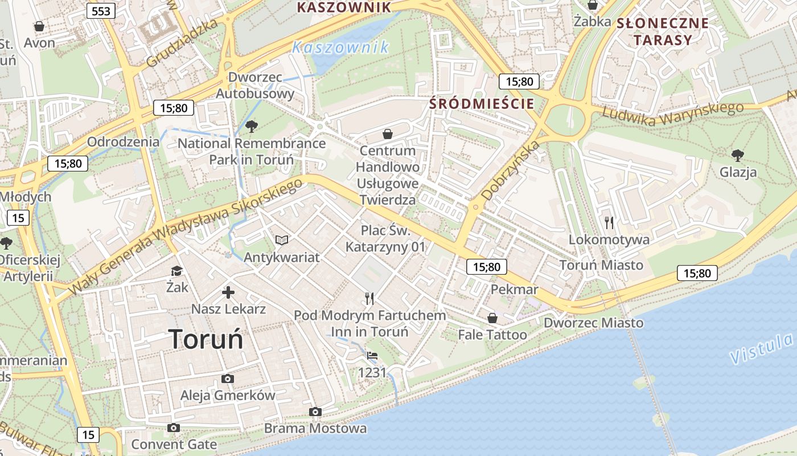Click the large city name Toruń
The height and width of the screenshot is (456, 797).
tap(206, 339)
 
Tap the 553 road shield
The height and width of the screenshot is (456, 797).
tap(101, 10)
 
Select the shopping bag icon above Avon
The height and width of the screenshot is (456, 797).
tap(39, 26)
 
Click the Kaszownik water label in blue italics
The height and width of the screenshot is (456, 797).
tap(340, 47)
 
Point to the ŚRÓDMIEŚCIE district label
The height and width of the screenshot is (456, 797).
tap(482, 104)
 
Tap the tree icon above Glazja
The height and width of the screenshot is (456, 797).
tap(738, 154)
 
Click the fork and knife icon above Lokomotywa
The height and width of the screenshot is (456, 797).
tap(609, 222)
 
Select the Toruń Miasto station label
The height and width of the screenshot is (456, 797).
tap(601, 265)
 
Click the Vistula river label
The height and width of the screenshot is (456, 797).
tap(761, 349)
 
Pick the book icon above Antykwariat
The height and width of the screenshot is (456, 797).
tap(282, 241)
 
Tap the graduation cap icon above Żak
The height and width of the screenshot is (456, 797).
tap(177, 271)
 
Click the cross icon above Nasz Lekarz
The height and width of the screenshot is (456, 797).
tap(228, 292)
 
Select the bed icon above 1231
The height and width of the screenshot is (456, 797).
tap(372, 356)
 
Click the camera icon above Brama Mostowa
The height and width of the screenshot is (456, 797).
tap(315, 412)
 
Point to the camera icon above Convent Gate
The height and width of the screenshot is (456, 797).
tap(174, 427)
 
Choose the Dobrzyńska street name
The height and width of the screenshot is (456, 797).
tap(511, 169)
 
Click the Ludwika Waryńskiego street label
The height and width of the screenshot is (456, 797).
tap(673, 114)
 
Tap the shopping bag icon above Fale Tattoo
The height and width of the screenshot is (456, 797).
tap(492, 317)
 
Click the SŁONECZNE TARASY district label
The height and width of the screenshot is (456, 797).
tap(663, 31)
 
